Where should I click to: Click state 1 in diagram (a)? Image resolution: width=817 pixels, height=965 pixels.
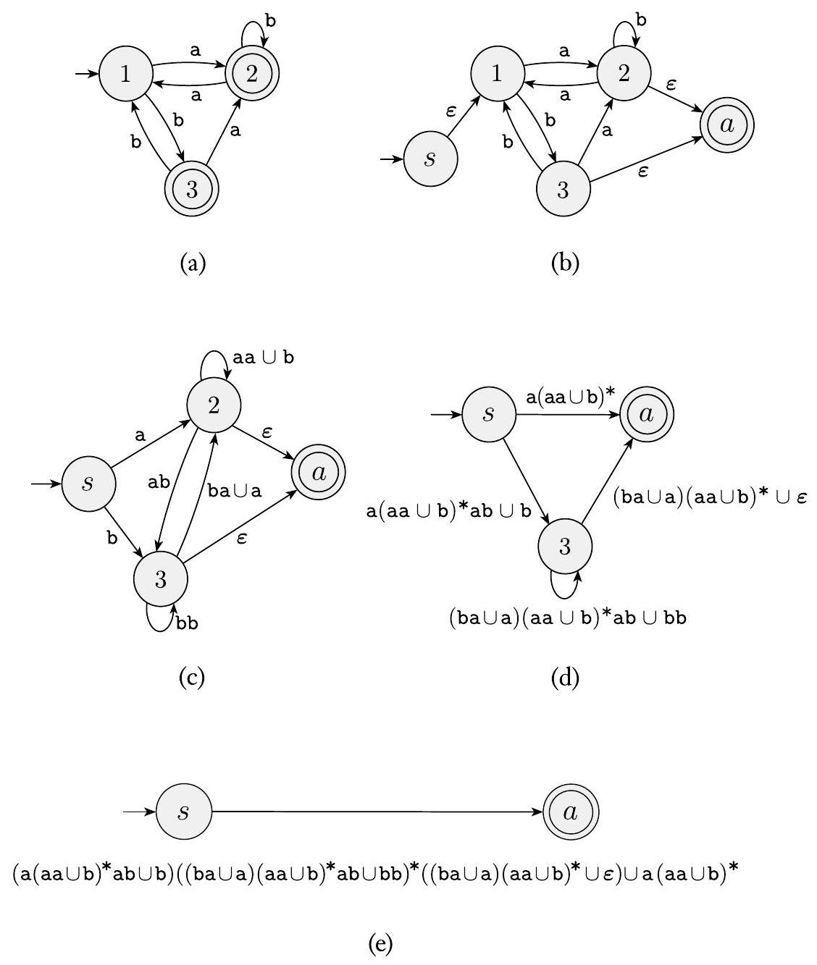[125, 74]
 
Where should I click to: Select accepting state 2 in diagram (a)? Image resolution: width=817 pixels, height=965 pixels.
[251, 74]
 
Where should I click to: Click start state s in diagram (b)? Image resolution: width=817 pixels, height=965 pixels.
[430, 159]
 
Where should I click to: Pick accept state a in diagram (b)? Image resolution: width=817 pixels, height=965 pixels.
[727, 125]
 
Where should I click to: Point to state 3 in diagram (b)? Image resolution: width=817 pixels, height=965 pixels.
[563, 190]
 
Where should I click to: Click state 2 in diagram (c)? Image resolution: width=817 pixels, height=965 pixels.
[214, 405]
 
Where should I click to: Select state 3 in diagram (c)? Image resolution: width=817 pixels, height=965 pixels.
[161, 579]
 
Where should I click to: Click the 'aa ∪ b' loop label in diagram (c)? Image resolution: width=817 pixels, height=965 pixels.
[264, 358]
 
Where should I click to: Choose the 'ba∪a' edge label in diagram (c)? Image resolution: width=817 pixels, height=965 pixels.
[234, 490]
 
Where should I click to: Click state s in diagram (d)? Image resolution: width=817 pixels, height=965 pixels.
[488, 415]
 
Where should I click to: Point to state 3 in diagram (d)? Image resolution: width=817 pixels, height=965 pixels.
[565, 546]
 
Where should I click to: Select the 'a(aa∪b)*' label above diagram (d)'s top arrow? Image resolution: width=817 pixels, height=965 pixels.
[570, 395]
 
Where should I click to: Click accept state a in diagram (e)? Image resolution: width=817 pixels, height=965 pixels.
[571, 812]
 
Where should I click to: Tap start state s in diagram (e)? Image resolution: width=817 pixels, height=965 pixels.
[184, 812]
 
